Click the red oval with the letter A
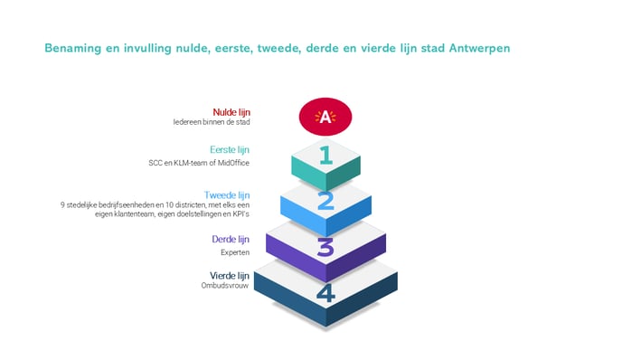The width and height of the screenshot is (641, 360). [x=325, y=117]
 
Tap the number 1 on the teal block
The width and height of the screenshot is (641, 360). [x=325, y=156]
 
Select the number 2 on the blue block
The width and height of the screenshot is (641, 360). [x=325, y=202]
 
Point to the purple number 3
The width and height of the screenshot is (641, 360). [x=325, y=248]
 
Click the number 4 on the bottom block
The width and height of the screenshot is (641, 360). [x=325, y=293]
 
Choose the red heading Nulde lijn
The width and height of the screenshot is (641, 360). [x=231, y=112]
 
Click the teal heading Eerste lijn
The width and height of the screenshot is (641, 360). [x=230, y=150]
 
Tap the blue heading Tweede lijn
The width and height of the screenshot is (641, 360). [x=227, y=195]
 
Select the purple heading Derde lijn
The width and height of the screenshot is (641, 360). [x=231, y=240]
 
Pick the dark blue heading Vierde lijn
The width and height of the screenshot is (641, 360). [x=230, y=276]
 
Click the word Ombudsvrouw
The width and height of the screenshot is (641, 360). [x=225, y=286]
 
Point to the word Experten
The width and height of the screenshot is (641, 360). [x=235, y=252]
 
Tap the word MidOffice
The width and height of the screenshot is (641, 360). [x=233, y=163]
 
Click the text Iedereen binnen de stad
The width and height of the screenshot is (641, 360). [x=212, y=122]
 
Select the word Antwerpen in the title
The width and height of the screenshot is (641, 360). [x=479, y=49]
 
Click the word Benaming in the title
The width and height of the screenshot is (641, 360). [x=72, y=48]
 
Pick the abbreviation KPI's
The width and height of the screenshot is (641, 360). [x=240, y=214]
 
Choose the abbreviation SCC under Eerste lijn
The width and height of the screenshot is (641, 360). [x=156, y=163]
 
